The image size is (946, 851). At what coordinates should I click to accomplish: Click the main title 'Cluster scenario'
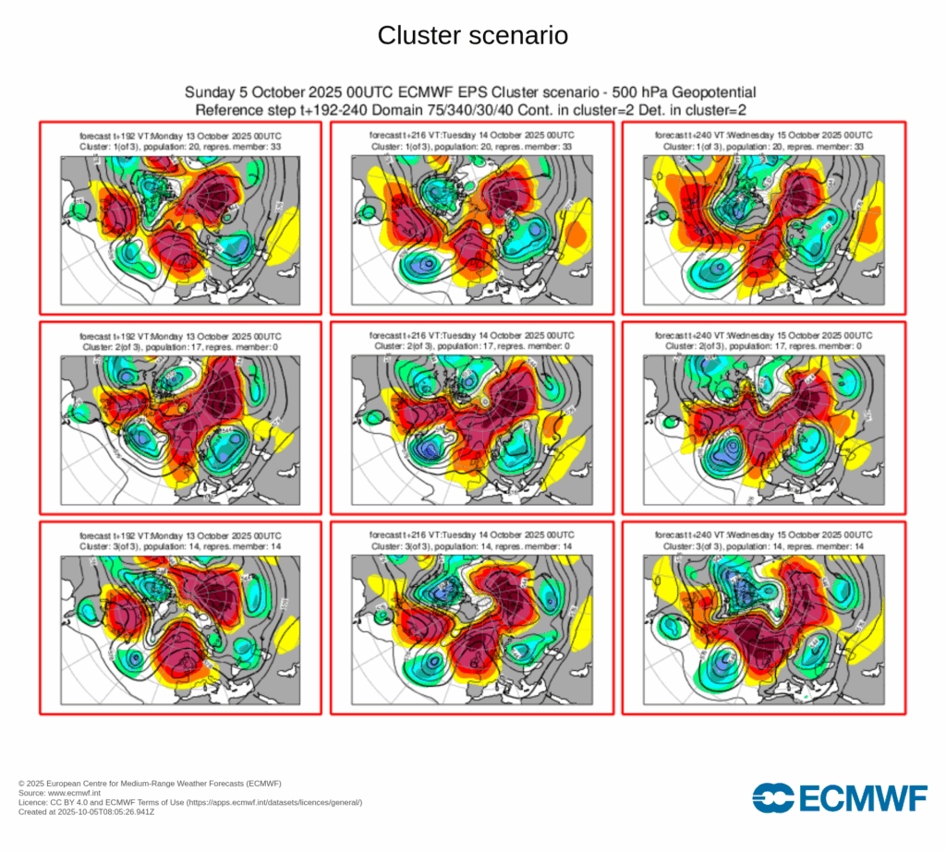[472, 36]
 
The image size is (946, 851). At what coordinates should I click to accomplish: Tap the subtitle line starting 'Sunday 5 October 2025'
[471, 92]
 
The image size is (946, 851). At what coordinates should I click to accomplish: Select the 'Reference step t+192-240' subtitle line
[471, 109]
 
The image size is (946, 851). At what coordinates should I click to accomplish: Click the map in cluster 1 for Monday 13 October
[179, 228]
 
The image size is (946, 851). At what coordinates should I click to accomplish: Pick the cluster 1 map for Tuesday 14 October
[471, 228]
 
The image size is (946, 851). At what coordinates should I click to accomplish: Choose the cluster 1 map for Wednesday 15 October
[763, 228]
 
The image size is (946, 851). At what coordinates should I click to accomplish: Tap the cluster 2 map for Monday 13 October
[179, 428]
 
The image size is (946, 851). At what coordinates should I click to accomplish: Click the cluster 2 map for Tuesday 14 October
[471, 428]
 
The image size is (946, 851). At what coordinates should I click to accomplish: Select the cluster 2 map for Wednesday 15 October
[763, 428]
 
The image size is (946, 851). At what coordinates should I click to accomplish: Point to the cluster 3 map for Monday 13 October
[179, 628]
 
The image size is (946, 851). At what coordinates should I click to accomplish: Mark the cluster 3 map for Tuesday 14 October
[471, 628]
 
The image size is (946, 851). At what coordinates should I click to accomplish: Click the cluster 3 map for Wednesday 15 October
[763, 628]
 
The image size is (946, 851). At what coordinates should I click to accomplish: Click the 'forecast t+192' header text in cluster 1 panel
[179, 137]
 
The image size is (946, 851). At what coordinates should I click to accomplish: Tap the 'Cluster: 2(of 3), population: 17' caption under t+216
[471, 346]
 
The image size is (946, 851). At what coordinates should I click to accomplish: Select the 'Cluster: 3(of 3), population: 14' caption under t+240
[763, 545]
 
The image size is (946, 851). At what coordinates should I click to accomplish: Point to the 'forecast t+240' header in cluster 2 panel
[763, 336]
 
